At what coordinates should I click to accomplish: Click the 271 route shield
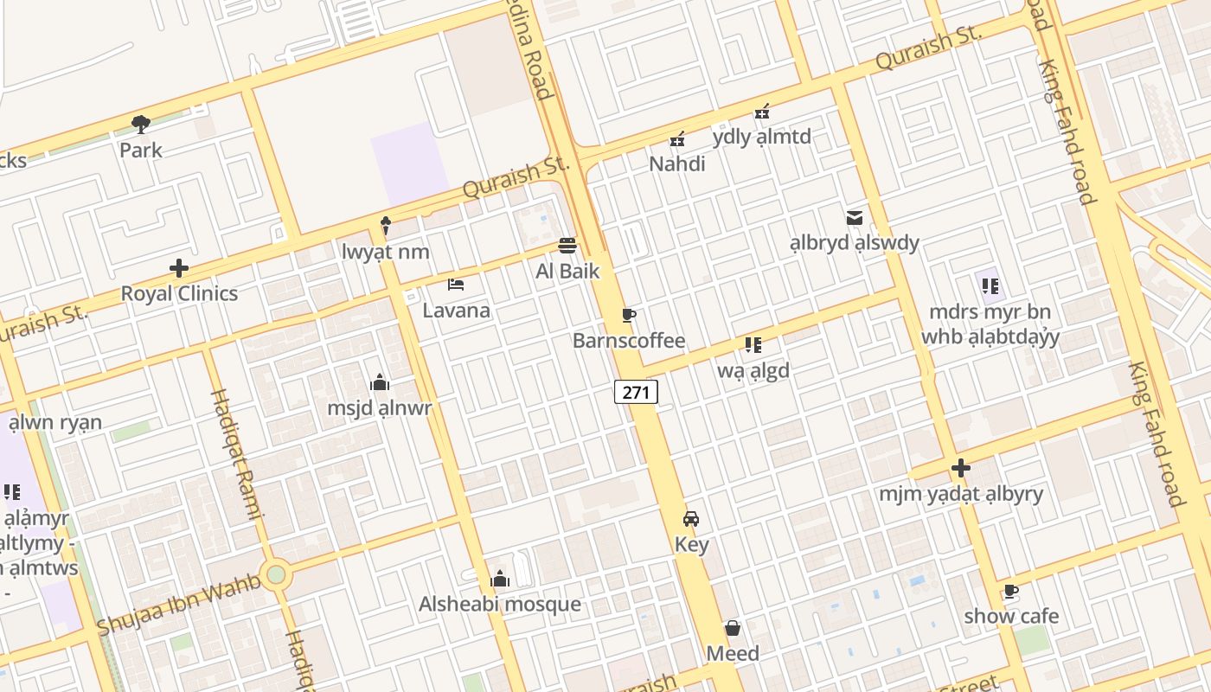click(636, 392)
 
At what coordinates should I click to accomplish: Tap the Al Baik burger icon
click(567, 246)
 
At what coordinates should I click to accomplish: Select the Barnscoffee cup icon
click(629, 315)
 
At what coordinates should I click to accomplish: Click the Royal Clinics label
click(179, 293)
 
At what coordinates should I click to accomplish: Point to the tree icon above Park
click(141, 125)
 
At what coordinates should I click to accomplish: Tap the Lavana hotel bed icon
click(456, 285)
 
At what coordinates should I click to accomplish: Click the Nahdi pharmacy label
click(677, 163)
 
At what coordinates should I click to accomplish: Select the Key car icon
click(690, 519)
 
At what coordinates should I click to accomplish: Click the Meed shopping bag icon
click(733, 628)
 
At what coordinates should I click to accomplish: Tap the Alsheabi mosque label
click(500, 604)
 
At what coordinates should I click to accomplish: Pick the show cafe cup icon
click(1010, 592)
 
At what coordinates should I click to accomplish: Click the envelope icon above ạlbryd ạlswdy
click(855, 218)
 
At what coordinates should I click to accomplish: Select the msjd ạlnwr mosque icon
click(379, 382)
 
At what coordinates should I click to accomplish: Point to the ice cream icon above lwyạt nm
click(386, 227)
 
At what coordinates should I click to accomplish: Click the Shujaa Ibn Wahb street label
click(179, 603)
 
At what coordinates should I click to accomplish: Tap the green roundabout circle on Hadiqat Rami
click(276, 574)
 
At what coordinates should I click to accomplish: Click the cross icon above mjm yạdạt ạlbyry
click(960, 469)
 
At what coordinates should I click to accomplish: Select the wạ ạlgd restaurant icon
click(753, 346)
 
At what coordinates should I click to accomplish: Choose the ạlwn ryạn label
click(55, 422)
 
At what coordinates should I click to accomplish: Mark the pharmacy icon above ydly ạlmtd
click(762, 112)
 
